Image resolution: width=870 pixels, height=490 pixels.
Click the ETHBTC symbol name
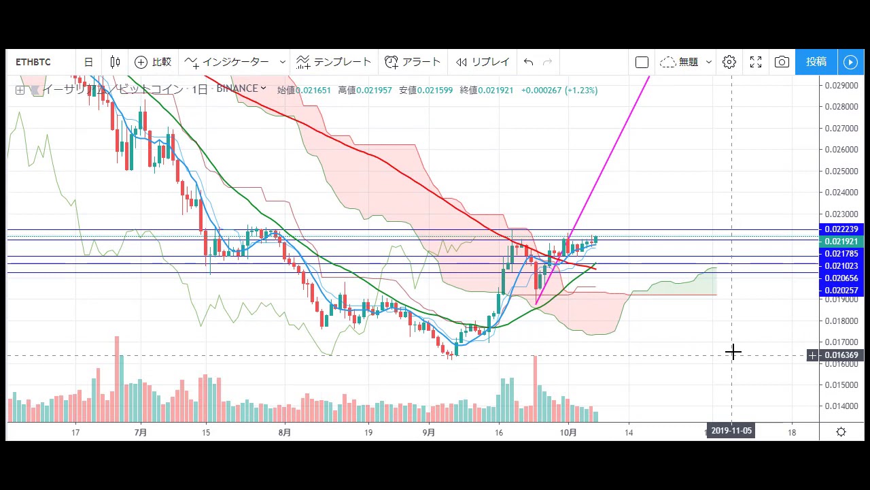[x=33, y=62]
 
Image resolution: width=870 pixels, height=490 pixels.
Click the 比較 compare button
[x=153, y=62]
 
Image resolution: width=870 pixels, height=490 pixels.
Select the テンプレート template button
[x=334, y=62]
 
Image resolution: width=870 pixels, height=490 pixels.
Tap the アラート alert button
[x=413, y=62]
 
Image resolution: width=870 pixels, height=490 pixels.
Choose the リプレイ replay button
[x=483, y=62]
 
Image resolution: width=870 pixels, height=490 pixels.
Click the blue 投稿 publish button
[x=816, y=62]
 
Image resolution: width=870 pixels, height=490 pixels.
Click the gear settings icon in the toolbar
[x=729, y=62]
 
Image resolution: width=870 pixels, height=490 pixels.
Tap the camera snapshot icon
[x=782, y=62]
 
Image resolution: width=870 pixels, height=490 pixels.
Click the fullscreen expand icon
[x=756, y=62]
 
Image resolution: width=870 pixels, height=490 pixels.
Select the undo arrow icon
[x=528, y=62]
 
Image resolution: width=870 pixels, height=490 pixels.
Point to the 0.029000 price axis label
[x=841, y=85]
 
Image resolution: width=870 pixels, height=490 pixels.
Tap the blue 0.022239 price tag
[x=841, y=229]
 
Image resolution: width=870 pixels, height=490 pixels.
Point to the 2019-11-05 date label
[x=731, y=430]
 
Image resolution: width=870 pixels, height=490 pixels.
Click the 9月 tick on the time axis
[x=429, y=432]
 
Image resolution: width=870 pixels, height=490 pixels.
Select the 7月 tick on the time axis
[x=141, y=432]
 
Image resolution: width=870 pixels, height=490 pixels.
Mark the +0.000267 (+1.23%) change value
[x=559, y=90]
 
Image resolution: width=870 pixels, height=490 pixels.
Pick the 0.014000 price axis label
[x=841, y=406]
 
